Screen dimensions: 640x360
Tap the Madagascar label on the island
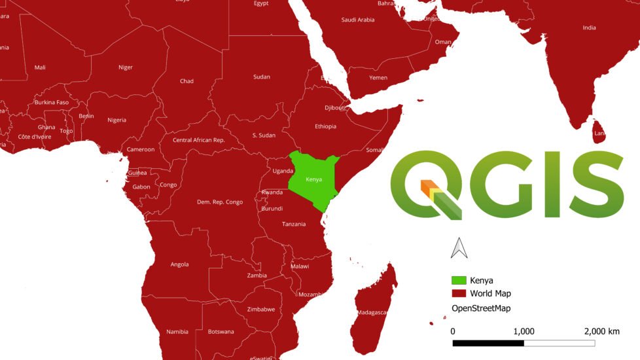[x=372, y=313]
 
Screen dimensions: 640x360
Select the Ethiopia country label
[x=325, y=126]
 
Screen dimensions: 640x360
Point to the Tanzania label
[x=294, y=224]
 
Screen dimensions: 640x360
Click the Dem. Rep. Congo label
[x=220, y=202]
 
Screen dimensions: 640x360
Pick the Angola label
[x=179, y=264]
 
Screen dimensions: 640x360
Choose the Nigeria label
[x=116, y=120]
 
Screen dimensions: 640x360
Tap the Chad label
[x=187, y=81]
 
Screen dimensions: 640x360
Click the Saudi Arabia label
[x=358, y=20]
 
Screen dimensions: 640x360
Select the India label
[x=590, y=27]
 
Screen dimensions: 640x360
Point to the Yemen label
[x=378, y=78]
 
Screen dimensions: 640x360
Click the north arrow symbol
[x=457, y=248]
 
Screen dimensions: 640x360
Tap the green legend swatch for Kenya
[x=458, y=281]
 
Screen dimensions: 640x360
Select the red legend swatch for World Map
[x=458, y=294]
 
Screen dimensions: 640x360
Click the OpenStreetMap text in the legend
[x=480, y=308]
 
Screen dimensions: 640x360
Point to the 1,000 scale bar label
[x=524, y=331]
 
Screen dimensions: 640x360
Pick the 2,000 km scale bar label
[x=601, y=331]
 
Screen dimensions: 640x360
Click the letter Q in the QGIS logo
[x=425, y=185]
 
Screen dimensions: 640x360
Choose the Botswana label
[x=221, y=332]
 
